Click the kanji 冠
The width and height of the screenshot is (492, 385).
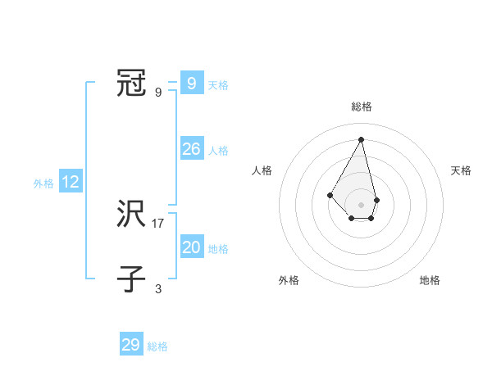(131, 83)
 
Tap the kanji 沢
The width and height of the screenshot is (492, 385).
(131, 215)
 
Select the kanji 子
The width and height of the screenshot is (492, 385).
(131, 279)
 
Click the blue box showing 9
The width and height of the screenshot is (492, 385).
(191, 83)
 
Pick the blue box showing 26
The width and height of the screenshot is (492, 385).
(191, 149)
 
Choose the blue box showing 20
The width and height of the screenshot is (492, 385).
(191, 247)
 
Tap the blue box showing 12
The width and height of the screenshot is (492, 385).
(71, 182)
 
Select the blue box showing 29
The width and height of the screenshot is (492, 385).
(131, 345)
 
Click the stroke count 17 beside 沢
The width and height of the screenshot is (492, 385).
(158, 223)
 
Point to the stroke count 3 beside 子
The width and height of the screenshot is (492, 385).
(158, 288)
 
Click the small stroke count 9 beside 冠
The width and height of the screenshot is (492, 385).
(158, 92)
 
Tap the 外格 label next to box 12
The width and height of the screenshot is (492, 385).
(43, 183)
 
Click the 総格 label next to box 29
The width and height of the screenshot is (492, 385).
(157, 346)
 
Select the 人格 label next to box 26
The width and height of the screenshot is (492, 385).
(218, 151)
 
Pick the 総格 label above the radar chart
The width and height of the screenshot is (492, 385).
(362, 106)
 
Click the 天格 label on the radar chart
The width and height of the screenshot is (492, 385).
(461, 170)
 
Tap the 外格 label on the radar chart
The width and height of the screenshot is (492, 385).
(288, 280)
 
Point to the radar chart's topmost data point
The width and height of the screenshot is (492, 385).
(362, 138)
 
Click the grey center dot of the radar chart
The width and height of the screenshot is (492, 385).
(362, 204)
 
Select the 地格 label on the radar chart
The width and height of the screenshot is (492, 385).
(430, 280)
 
